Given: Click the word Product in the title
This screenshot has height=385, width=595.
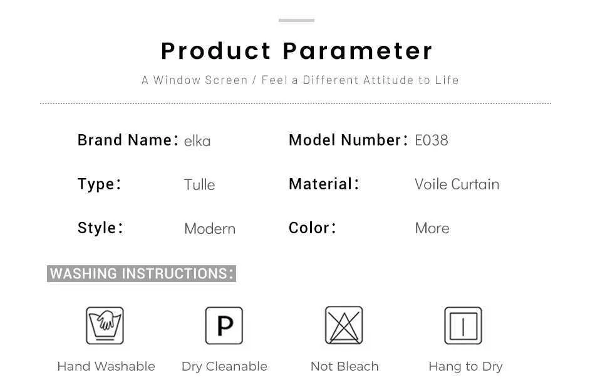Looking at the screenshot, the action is [x=215, y=51].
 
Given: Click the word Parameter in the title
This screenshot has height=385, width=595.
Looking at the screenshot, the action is [x=358, y=51].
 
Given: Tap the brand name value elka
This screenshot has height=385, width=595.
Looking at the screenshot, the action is [x=197, y=141].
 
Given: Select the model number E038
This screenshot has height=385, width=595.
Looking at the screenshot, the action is [x=432, y=140].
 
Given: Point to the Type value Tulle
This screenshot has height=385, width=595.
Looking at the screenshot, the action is [x=200, y=185].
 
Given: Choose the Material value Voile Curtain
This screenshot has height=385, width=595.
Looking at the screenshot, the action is [x=457, y=184].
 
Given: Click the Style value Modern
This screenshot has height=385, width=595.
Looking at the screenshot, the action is [x=210, y=229].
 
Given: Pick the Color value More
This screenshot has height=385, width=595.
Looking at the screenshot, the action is [x=432, y=228].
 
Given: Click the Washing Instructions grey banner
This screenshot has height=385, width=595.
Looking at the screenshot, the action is [x=142, y=273].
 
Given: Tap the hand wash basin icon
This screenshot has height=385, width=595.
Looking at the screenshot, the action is [x=105, y=325].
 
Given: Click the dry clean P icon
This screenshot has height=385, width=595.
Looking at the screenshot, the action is [x=224, y=325].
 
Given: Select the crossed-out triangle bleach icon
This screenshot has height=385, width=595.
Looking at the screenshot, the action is [x=344, y=325].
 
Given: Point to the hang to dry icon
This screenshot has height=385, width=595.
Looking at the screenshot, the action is [x=463, y=325].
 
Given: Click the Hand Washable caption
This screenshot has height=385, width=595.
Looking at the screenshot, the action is [x=106, y=366].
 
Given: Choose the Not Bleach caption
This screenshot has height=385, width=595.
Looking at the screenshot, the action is [x=344, y=366].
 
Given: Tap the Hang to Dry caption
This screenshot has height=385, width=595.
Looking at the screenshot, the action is [x=465, y=367].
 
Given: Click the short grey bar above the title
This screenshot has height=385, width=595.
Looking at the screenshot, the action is [x=296, y=20].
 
